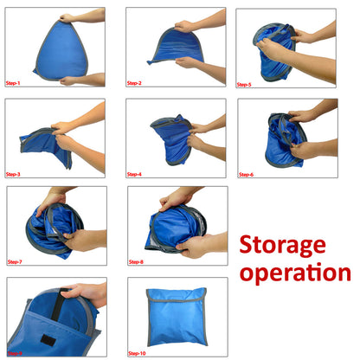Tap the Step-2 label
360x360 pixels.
(x=134, y=83)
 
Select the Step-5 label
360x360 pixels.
(x=247, y=84)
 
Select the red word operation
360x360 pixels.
(x=295, y=274)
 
